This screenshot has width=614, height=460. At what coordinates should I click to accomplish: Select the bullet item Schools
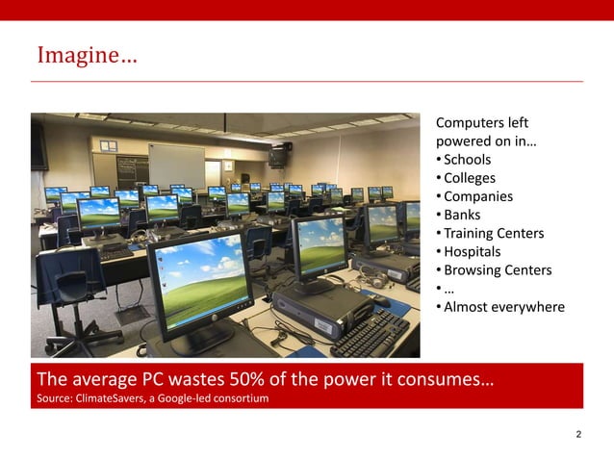467,160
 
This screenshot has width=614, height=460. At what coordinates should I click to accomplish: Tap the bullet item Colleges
470,178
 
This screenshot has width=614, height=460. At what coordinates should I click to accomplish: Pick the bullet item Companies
477,196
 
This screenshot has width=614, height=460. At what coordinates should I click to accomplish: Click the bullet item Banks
462,215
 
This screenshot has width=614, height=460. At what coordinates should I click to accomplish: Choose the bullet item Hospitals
472,251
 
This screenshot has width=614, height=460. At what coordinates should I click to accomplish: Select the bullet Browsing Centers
497,269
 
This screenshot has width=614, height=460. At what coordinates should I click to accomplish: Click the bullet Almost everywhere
503,307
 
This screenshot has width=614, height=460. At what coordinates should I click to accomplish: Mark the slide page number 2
577,435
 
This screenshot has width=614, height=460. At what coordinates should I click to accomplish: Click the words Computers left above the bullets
481,123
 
